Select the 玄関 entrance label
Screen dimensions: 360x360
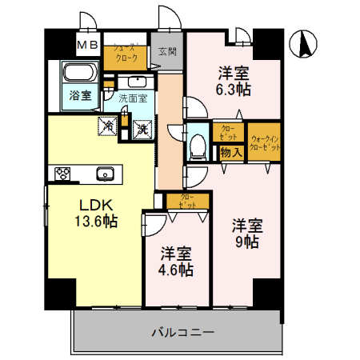(x=166, y=52)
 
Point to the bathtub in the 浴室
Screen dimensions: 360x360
(x=78, y=74)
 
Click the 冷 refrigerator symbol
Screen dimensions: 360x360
(x=106, y=126)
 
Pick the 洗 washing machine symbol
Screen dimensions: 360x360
(x=141, y=128)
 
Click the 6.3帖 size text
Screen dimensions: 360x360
(x=234, y=90)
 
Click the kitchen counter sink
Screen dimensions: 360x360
(x=103, y=174)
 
